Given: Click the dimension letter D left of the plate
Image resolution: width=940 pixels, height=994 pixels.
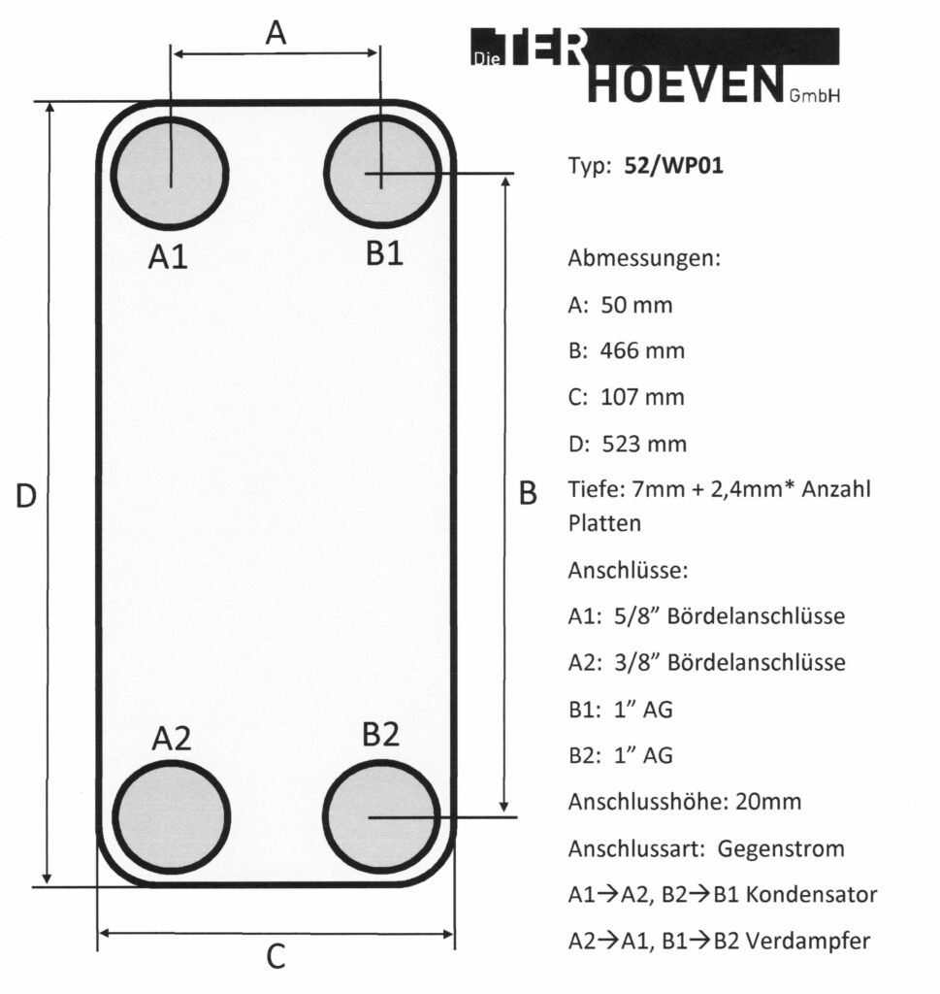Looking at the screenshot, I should point(26,496).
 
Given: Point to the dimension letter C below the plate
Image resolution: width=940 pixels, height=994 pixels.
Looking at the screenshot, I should point(276,958).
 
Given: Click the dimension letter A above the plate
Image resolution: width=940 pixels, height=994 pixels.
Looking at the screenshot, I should point(276,34).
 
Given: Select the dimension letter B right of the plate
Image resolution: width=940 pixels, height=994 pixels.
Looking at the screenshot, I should point(528,494).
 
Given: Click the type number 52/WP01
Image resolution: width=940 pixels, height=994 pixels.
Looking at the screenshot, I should point(674,166).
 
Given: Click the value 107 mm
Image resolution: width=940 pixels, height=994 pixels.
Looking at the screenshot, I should point(642,397).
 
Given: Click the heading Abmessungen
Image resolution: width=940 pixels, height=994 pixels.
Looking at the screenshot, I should point(643,259).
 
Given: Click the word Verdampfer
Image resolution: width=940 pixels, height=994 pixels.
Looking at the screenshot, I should point(821,941).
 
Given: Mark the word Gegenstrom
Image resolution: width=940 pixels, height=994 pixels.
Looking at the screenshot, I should point(781,848).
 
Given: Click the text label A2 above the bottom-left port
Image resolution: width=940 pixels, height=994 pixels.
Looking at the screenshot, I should point(171,740).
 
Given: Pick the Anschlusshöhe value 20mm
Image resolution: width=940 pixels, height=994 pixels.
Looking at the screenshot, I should point(768,803).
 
